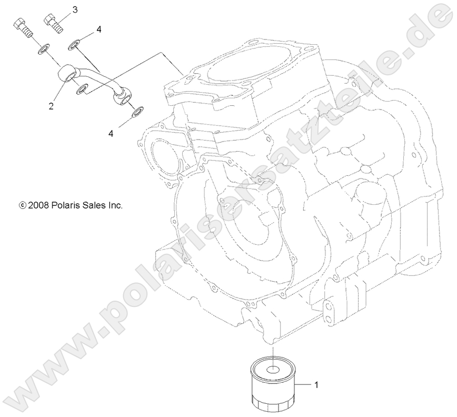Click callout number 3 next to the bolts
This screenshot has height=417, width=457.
tap(75, 9)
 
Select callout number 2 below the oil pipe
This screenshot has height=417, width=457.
tap(51, 106)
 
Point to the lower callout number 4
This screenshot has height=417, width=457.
tap(111, 134)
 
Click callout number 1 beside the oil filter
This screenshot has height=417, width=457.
tap(316, 385)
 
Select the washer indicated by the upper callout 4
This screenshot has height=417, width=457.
tap(76, 44)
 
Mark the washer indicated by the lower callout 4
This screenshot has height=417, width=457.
tap(137, 112)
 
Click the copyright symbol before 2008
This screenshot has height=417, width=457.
tap(22, 205)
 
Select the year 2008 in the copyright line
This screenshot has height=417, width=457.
tap(39, 205)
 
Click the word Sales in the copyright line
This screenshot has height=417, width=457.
tap(95, 205)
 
